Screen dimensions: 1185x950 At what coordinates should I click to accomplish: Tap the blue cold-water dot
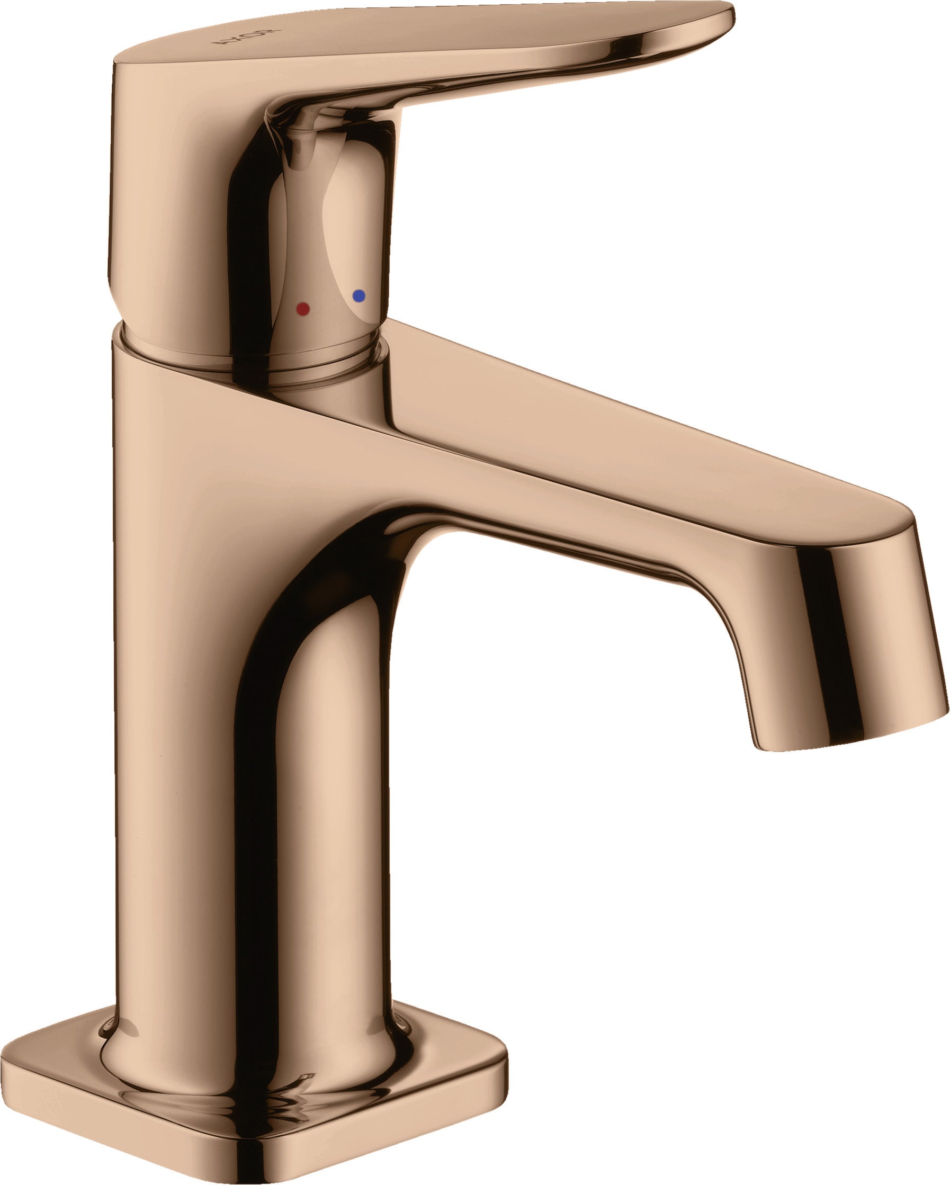click(x=359, y=295)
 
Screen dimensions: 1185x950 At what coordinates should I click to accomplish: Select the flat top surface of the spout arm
click(x=632, y=439)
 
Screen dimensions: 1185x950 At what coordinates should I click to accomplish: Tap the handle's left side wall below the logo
click(x=165, y=192)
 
